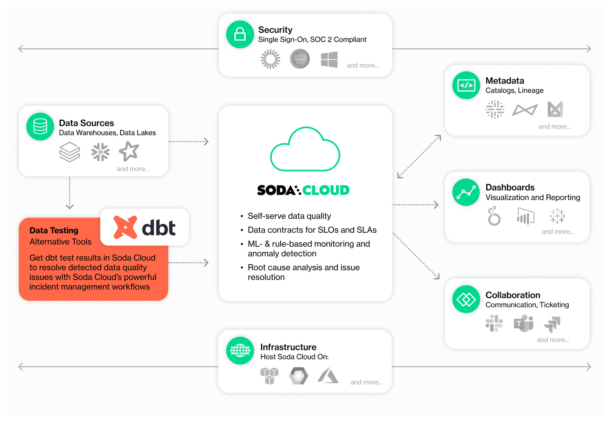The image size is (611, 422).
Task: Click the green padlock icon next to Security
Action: (x=240, y=34)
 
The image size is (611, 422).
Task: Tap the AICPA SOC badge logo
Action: (x=300, y=59)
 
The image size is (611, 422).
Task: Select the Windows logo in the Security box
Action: (x=329, y=60)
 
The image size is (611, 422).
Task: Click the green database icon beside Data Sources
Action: (x=40, y=126)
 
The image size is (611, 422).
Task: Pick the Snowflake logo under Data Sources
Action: (x=100, y=152)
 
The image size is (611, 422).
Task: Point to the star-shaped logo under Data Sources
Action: (x=129, y=151)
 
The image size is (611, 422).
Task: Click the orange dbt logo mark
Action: (x=125, y=227)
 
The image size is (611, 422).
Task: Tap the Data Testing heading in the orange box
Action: (x=54, y=230)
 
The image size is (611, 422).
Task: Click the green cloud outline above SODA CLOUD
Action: (x=305, y=150)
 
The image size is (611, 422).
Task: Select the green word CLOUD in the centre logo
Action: (x=326, y=190)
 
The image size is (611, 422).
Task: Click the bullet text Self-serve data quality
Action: (x=289, y=216)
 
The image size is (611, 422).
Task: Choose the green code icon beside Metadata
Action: (x=466, y=85)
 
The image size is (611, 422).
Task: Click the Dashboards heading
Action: (x=510, y=188)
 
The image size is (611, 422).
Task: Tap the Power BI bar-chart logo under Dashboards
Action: (x=525, y=217)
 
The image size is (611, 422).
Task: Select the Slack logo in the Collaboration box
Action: (x=494, y=323)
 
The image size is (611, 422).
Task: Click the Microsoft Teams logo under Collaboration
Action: (x=524, y=323)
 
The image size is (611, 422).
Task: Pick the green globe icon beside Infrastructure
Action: (x=240, y=350)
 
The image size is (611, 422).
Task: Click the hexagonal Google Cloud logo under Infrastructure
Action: (x=298, y=376)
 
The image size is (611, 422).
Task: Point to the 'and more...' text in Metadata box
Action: (x=554, y=126)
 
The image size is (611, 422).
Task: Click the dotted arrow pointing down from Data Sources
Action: (x=70, y=193)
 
